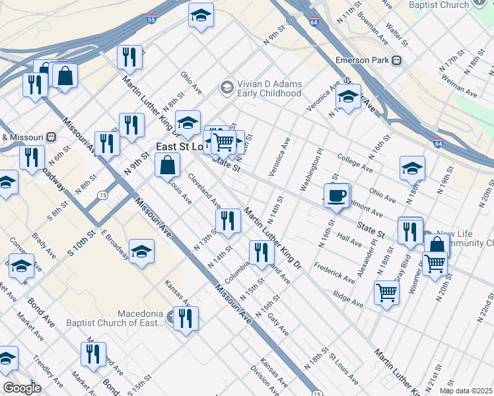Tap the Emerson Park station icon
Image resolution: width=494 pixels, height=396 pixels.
(x=397, y=60)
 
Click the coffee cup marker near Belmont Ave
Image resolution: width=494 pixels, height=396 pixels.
(x=337, y=195)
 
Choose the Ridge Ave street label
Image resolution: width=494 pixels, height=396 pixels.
(x=348, y=300)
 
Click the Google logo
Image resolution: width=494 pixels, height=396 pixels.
(x=22, y=388)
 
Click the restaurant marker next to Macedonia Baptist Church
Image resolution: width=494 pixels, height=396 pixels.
(x=185, y=318)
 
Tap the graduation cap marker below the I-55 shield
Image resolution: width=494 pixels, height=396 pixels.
(x=201, y=15)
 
